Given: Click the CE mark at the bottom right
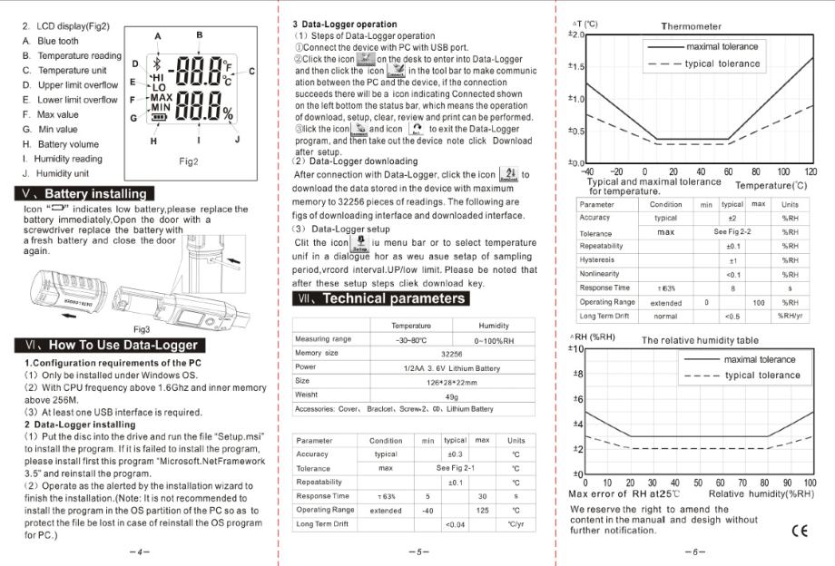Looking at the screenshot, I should (799, 531).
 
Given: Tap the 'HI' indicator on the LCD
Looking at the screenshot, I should (158, 79).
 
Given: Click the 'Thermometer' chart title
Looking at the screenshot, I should (692, 26).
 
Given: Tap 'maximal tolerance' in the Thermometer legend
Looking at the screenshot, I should (722, 46).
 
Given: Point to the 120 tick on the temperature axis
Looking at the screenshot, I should (810, 171).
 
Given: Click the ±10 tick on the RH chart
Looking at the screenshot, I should (574, 349).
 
